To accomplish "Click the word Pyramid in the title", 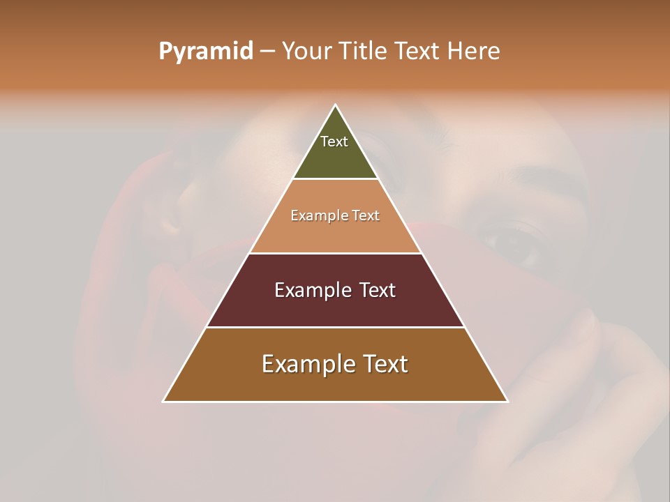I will (206, 52).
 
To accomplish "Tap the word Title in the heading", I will (366, 52).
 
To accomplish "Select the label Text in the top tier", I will (334, 142).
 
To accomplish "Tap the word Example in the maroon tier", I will (312, 291).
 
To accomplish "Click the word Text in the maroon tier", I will (378, 291).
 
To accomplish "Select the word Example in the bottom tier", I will (307, 365).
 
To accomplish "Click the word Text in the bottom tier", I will (385, 365).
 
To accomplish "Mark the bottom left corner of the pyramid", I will (163, 402).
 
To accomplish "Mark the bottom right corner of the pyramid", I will (507, 402).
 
